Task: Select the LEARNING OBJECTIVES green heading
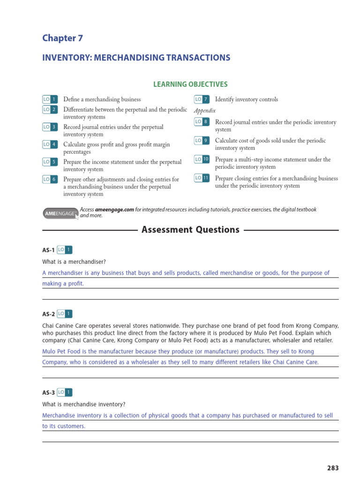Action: [190, 84]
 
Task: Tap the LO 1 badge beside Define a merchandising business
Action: [50, 99]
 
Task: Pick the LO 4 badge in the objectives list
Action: [50, 144]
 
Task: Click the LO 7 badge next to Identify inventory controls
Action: [202, 99]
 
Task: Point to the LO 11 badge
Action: [202, 178]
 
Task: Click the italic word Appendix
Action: [205, 111]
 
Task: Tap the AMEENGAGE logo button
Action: [60, 213]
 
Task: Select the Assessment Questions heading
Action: [190, 230]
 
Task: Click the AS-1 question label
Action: [48, 250]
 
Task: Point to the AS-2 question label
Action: [48, 314]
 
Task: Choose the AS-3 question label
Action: [48, 393]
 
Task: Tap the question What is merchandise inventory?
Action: [84, 404]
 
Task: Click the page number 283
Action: [332, 468]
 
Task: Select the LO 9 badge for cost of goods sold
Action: [202, 141]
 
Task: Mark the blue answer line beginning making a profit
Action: [63, 284]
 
